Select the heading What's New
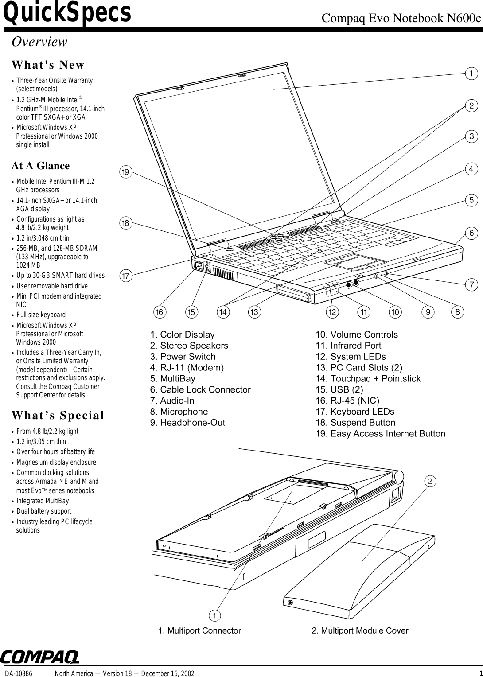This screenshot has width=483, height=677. (x=48, y=65)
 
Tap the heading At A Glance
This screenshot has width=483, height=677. (x=40, y=166)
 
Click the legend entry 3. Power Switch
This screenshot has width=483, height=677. (x=183, y=357)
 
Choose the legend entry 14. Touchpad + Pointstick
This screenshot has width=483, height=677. (x=368, y=378)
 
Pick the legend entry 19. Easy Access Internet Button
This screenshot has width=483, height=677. (x=380, y=434)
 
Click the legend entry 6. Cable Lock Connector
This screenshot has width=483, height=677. (x=200, y=389)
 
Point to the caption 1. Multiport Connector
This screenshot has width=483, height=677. (x=199, y=630)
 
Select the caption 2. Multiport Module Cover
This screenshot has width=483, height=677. (x=360, y=630)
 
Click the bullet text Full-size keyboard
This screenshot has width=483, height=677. (x=41, y=315)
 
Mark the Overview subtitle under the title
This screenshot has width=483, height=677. (x=39, y=42)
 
